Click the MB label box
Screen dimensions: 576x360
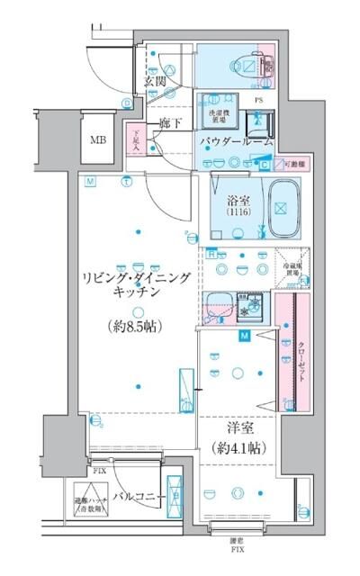point(97,140)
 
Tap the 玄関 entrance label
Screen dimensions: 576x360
point(154,82)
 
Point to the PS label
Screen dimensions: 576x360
point(258,100)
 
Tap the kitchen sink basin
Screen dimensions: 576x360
point(216,304)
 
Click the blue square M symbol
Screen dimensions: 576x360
point(245,337)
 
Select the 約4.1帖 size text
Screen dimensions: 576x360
point(238,446)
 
